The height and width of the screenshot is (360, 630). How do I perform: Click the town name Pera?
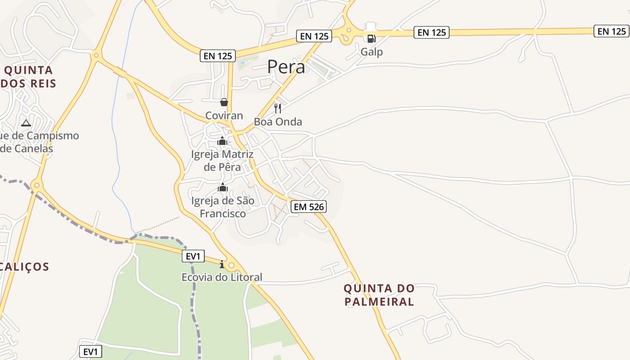coord(286,67)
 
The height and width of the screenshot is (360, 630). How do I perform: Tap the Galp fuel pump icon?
coord(371,39)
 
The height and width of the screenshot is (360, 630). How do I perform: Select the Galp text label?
coord(372,52)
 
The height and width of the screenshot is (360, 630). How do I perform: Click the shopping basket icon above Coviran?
coord(224,103)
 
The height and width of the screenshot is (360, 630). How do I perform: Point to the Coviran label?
coord(224,116)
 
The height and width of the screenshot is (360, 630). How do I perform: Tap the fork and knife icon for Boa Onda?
coord(278,108)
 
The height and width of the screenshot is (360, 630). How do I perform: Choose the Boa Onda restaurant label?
coord(278,122)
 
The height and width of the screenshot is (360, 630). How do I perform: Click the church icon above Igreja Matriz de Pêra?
coord(222,141)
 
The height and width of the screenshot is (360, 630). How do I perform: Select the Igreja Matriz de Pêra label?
coord(222,161)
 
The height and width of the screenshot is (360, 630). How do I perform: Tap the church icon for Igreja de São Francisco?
coord(223,187)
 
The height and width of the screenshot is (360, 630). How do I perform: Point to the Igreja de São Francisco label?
coord(223,207)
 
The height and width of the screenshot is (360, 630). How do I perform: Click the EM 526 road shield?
coord(309,207)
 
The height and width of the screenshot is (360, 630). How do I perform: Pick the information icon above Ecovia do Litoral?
coord(222,264)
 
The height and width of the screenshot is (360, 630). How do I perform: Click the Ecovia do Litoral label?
coord(222,277)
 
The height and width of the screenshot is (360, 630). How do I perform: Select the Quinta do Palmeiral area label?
coord(379,295)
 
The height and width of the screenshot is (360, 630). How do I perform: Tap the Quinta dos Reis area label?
coord(29,76)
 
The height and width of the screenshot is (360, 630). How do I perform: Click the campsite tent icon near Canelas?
coord(26,123)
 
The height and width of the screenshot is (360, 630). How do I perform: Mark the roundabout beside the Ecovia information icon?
coord(232,265)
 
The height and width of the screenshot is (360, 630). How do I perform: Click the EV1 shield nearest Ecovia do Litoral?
coord(193,256)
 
